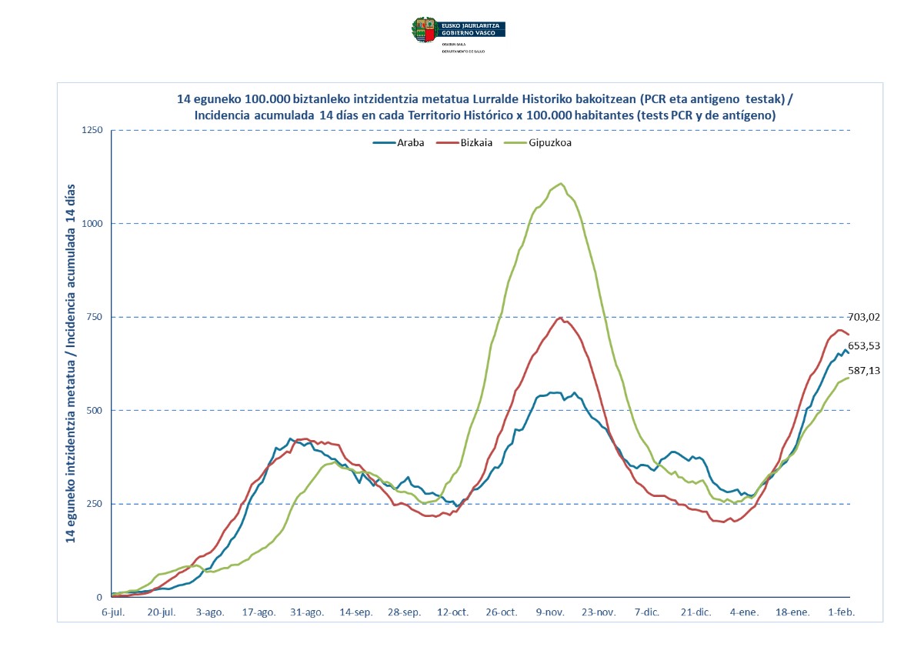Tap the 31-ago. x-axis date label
307,612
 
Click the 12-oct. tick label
452,612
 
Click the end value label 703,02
864,316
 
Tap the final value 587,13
864,371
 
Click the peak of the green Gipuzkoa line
561,183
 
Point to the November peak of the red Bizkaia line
561,318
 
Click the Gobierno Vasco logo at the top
459,30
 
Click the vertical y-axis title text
71,363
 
